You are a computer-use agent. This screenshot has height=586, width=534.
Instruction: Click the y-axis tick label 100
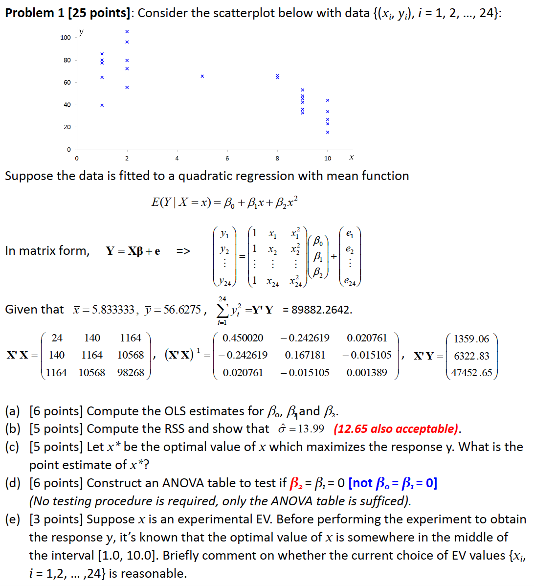(x=66, y=38)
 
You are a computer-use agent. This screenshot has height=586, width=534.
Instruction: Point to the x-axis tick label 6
(x=227, y=158)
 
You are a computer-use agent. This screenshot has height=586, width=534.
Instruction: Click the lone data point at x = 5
(x=202, y=76)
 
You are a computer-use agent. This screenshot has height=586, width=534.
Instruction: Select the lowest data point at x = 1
(x=102, y=105)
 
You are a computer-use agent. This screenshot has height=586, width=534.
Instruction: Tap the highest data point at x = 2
(x=127, y=32)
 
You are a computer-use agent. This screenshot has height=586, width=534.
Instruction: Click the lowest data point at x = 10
(x=328, y=132)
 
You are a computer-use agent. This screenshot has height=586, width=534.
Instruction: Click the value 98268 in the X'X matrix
(x=131, y=373)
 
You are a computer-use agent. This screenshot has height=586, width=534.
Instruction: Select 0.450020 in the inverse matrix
(x=243, y=338)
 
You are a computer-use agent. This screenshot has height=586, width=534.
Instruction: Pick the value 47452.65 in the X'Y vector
(x=471, y=373)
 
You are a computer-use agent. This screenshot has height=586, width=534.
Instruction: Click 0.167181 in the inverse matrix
(x=305, y=355)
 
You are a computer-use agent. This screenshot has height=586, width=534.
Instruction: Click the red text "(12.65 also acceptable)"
(x=397, y=429)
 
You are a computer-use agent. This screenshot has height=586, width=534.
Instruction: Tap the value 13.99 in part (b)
(x=311, y=429)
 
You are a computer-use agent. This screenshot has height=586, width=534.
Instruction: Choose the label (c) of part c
(x=13, y=447)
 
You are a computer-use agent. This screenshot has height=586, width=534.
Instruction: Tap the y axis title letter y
(x=81, y=32)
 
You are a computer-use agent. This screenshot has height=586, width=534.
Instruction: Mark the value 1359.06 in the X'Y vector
(x=471, y=338)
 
